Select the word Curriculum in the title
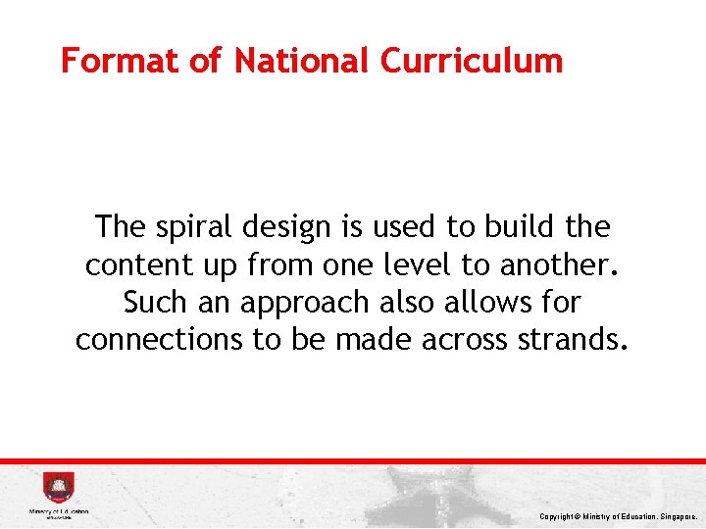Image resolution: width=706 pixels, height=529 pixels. click(x=472, y=61)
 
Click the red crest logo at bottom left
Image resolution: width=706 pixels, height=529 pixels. click(x=58, y=487)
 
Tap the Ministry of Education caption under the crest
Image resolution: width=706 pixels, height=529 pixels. click(x=58, y=511)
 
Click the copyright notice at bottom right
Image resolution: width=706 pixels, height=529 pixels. click(x=617, y=515)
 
